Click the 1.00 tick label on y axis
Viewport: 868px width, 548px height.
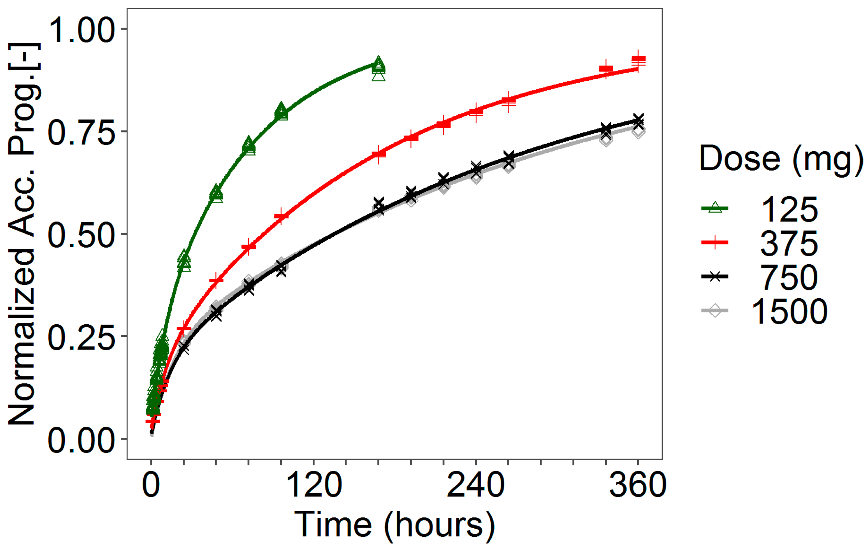pos(81,30)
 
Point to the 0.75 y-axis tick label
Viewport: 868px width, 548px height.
pos(81,133)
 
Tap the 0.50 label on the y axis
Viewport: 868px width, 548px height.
pos(81,235)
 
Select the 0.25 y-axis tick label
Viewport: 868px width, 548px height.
pos(81,337)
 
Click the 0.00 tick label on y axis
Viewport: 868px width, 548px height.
pos(81,440)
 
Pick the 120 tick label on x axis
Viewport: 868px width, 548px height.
pos(314,485)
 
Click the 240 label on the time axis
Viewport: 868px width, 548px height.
pos(476,485)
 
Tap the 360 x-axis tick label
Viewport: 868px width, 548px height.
pos(638,485)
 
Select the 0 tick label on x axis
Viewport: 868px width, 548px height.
pos(151,485)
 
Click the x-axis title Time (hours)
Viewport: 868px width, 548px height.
pos(395,525)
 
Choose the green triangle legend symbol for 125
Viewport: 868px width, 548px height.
pos(715,207)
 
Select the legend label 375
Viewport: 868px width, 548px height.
pos(789,244)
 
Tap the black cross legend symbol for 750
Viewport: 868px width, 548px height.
pos(715,277)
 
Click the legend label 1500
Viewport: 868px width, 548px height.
pos(789,312)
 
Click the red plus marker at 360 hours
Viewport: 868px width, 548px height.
pos(638,60)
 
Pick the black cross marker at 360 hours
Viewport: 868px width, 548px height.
pos(638,121)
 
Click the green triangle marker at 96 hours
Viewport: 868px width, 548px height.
pos(281,111)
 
